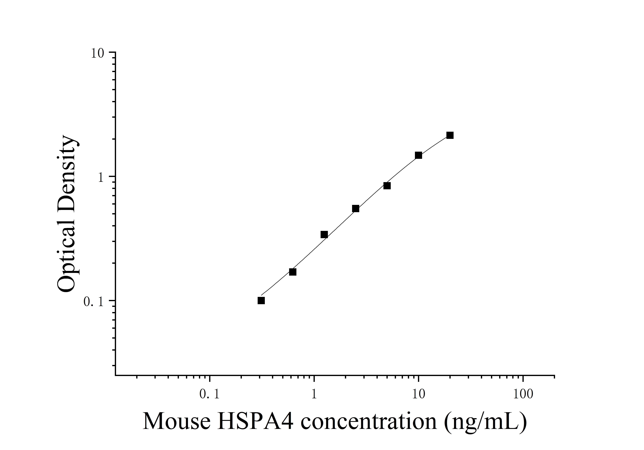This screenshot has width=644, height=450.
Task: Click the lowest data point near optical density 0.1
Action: click(261, 301)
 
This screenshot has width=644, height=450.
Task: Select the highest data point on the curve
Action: click(450, 135)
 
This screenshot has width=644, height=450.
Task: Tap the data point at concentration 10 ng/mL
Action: click(419, 155)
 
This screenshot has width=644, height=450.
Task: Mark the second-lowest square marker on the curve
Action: click(293, 272)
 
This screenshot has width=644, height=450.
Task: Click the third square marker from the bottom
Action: click(324, 234)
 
